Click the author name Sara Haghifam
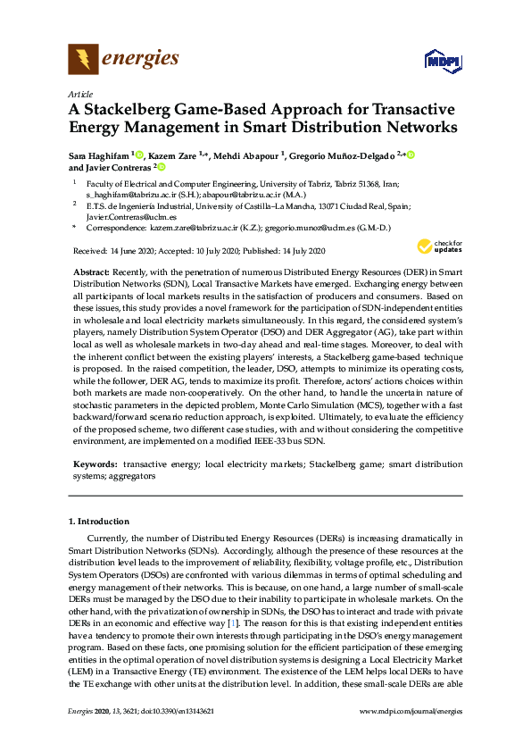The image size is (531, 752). (x=98, y=155)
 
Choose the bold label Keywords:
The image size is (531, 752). (x=93, y=465)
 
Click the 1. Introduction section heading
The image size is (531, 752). (x=99, y=521)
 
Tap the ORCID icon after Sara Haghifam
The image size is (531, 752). (x=140, y=155)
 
